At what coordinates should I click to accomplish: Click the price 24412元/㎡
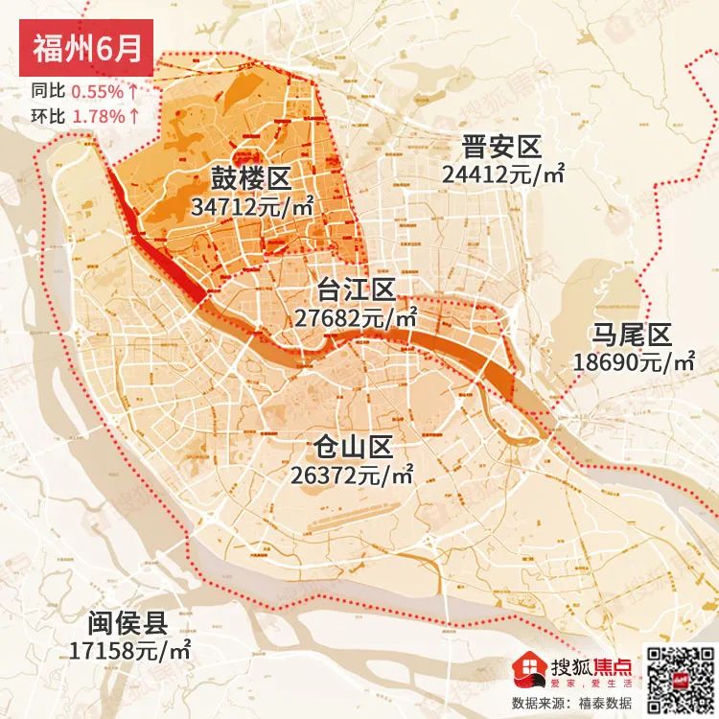tap(501, 174)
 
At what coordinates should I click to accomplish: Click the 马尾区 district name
tap(631, 335)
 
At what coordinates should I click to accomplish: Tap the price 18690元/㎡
tap(633, 361)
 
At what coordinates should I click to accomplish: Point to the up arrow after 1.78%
tap(134, 116)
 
